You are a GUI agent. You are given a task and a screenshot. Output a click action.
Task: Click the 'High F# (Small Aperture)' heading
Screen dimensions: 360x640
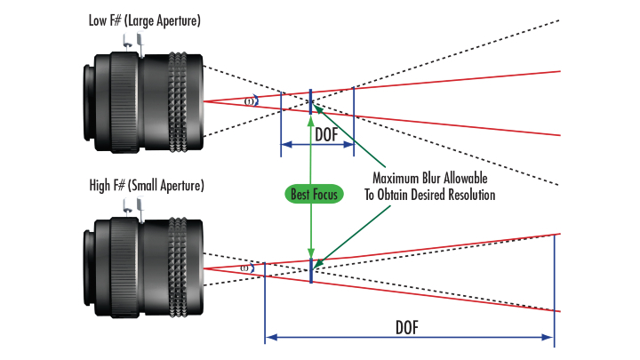tap(147, 186)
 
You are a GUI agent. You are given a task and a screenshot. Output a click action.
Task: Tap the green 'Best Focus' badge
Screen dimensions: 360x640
tap(314, 193)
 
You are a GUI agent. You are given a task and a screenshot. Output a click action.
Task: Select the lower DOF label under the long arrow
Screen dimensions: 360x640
tap(408, 325)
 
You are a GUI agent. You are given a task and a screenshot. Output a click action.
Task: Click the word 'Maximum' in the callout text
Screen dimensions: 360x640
tap(402, 179)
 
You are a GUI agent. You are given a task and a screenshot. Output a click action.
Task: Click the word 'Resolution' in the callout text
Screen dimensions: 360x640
tap(468, 194)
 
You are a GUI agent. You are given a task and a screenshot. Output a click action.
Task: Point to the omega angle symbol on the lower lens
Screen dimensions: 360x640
tap(245, 267)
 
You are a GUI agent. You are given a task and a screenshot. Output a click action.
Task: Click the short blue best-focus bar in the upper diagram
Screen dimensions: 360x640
tap(310, 102)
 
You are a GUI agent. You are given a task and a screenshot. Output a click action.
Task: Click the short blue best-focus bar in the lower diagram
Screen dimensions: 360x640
tap(311, 267)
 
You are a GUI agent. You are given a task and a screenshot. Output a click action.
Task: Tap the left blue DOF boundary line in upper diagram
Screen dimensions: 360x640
tap(281, 120)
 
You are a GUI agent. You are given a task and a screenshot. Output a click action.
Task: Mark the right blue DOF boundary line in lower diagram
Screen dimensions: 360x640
tap(555, 289)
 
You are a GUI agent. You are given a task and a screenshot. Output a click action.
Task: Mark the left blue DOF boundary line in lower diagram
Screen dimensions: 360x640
tap(265, 302)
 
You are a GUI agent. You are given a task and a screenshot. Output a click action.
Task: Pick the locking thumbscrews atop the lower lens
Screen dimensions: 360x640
tap(131, 208)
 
